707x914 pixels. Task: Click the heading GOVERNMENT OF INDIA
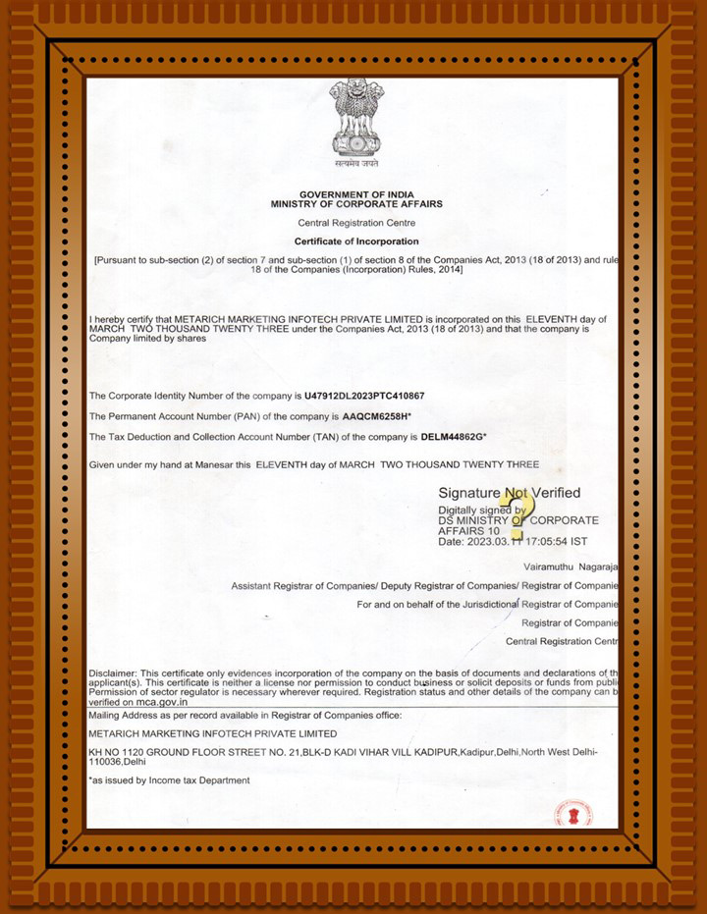356,194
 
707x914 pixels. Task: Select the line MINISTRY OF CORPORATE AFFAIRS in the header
356,204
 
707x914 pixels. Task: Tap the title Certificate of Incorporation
356,242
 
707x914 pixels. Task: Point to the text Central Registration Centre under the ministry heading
356,223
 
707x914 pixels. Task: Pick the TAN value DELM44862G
454,436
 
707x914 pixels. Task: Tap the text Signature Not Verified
509,493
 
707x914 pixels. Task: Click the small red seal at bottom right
567,813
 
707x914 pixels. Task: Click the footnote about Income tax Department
169,780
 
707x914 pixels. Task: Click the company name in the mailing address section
212,733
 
